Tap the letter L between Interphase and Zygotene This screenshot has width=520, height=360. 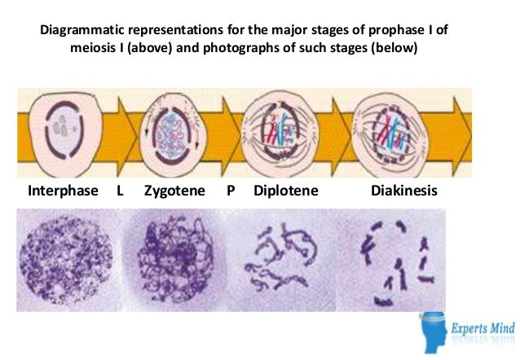pos(121,192)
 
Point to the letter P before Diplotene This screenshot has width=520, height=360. pos(231,192)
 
